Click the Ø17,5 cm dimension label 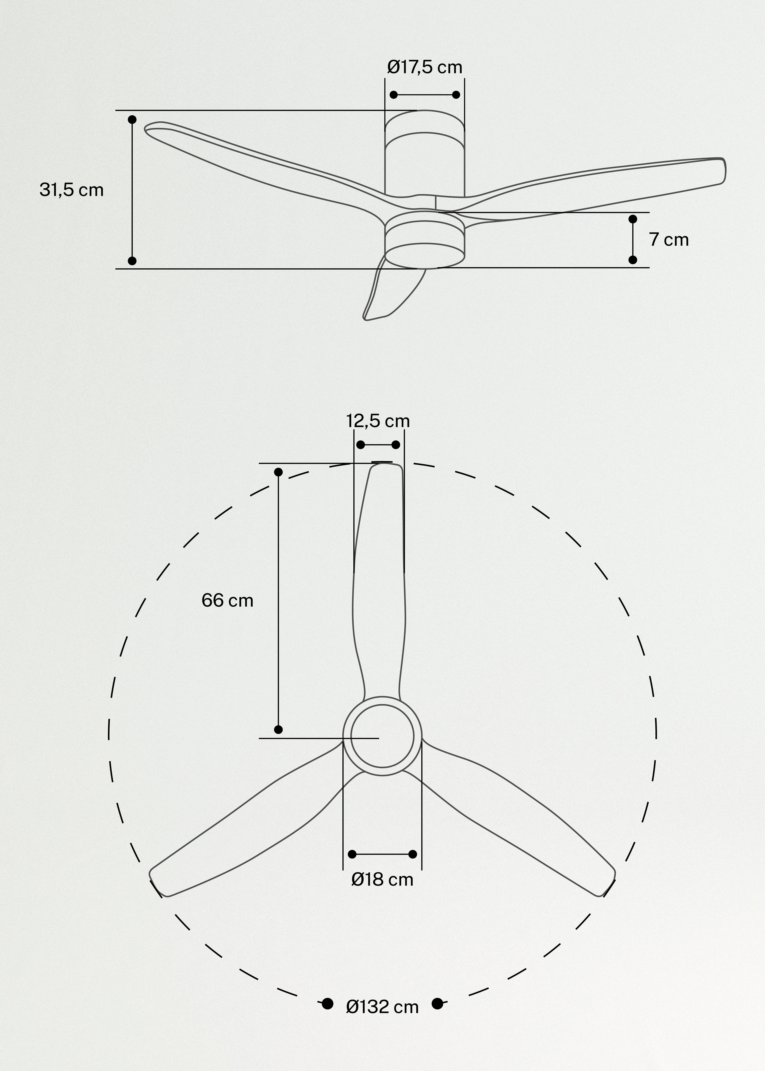point(424,67)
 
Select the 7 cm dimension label point(669,240)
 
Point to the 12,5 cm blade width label point(378,421)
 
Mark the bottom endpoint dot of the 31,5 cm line point(132,261)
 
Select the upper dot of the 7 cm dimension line point(633,219)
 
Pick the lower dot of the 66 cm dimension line point(278,729)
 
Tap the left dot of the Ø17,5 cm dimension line point(394,95)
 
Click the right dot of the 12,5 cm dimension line point(396,445)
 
